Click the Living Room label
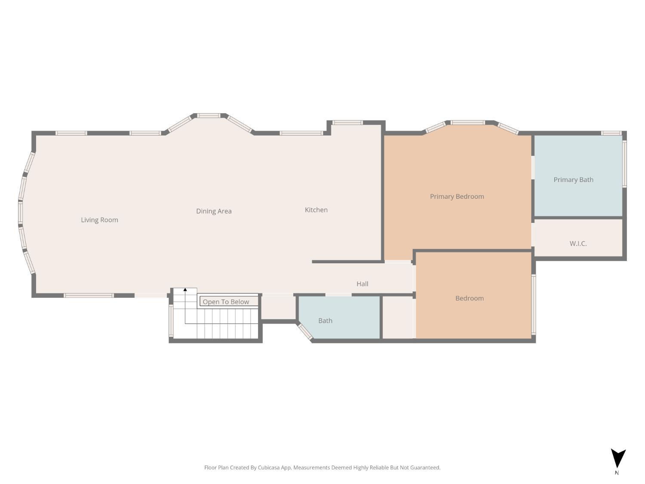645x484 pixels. click(x=99, y=220)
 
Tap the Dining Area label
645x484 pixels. click(x=214, y=211)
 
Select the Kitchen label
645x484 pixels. click(x=316, y=210)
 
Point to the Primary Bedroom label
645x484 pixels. click(x=457, y=196)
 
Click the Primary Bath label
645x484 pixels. click(x=573, y=179)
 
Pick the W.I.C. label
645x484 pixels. click(x=578, y=244)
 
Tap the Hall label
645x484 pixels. click(x=362, y=284)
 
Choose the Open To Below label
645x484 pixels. click(x=226, y=302)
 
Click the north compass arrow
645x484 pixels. click(x=618, y=458)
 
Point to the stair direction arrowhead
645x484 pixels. click(x=185, y=290)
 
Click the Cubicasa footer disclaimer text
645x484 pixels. click(x=322, y=468)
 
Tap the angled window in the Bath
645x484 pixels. click(x=305, y=331)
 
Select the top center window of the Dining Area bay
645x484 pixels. click(x=209, y=115)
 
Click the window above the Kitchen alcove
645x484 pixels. click(x=347, y=123)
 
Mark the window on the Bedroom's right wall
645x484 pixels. click(x=533, y=304)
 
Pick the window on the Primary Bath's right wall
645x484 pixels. click(x=624, y=163)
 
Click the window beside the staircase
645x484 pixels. click(x=171, y=321)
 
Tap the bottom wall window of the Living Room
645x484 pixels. click(x=89, y=295)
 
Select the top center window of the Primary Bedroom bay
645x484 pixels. click(x=467, y=123)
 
